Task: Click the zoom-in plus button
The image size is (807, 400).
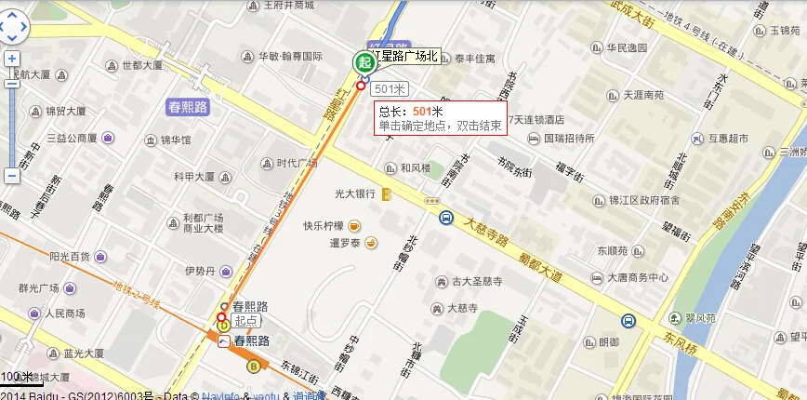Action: (x=12, y=59)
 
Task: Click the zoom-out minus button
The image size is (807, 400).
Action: (x=12, y=175)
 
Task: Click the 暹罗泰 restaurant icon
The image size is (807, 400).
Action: (x=371, y=244)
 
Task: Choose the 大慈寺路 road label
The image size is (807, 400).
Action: (x=486, y=228)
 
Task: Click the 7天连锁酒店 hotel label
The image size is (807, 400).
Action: (x=534, y=119)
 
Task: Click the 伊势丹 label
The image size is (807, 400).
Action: (x=200, y=271)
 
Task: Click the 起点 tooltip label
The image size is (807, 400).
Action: (x=246, y=321)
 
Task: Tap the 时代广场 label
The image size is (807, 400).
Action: (x=298, y=163)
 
